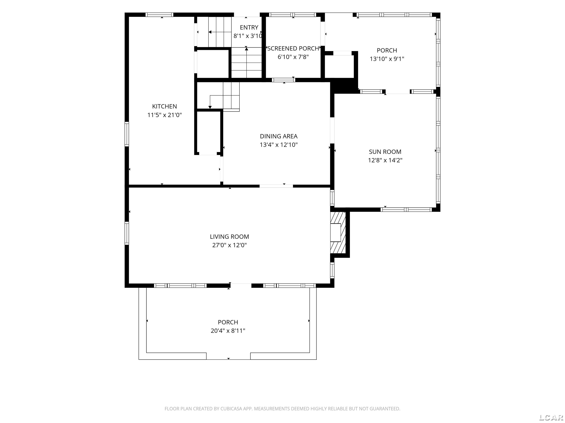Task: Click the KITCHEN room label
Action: [x=164, y=106]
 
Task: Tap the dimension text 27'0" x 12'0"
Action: [x=229, y=245]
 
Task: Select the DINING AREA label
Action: [x=279, y=136]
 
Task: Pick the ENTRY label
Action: [x=249, y=27]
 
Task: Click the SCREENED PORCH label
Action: [x=293, y=48]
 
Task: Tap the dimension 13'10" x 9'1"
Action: [x=387, y=59]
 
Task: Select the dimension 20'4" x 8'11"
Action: [x=228, y=331]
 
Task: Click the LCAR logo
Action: [x=551, y=417]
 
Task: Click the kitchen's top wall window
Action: [x=159, y=15]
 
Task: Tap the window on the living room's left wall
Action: [x=127, y=233]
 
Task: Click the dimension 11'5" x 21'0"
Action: [x=164, y=115]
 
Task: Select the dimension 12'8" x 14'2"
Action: [x=385, y=160]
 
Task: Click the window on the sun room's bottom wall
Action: [x=406, y=210]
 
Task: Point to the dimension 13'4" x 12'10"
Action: [x=279, y=145]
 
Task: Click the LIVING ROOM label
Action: [x=229, y=237]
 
